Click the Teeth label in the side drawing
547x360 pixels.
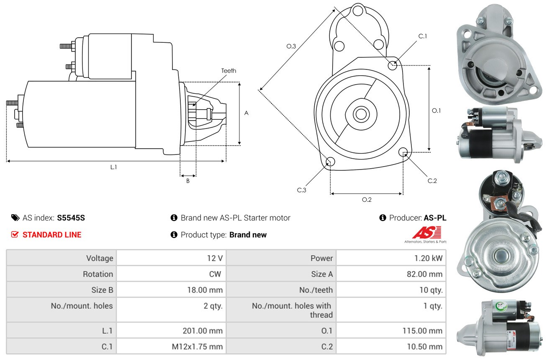click(229, 71)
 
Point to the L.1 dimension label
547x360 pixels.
click(113, 167)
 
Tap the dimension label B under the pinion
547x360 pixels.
click(188, 181)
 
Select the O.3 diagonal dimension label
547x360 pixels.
click(291, 46)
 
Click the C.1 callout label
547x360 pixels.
click(423, 36)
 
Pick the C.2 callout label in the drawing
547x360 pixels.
click(432, 181)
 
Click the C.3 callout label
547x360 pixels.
click(302, 190)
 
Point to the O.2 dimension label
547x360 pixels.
click(367, 200)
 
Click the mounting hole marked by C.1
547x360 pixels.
click(393, 66)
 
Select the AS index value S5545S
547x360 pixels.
click(71, 218)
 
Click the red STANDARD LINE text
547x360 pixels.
click(52, 235)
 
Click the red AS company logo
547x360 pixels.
click(426, 233)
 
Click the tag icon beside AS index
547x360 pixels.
click(15, 218)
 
